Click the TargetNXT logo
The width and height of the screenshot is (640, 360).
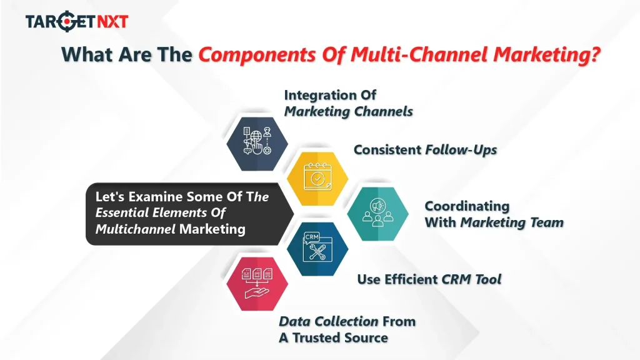click(76, 21)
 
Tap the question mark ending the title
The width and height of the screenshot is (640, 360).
click(593, 55)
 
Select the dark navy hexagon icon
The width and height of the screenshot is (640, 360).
click(257, 141)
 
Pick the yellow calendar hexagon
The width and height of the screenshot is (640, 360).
click(317, 177)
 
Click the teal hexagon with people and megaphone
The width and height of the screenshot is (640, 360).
click(378, 213)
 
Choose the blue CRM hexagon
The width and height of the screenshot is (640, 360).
click(317, 249)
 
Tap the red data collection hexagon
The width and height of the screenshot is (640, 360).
click(257, 284)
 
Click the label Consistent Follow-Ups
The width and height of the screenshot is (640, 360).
click(425, 150)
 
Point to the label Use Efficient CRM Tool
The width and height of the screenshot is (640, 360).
click(429, 279)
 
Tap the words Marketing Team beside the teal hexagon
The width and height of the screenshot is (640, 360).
click(512, 222)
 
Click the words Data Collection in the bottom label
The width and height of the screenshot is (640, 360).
click(328, 322)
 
